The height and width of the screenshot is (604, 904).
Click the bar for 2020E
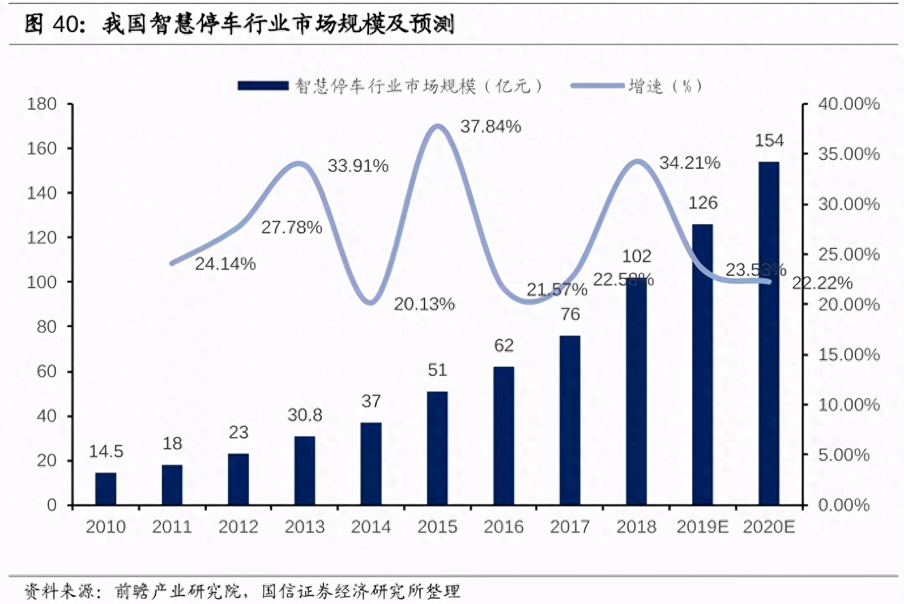click(x=769, y=333)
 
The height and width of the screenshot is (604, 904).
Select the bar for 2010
click(x=106, y=488)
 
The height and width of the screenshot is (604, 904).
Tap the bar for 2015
click(x=437, y=448)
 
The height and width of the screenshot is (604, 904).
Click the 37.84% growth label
click(x=491, y=127)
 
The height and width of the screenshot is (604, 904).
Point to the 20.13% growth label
click(x=424, y=304)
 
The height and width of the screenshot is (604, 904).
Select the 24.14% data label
click(x=225, y=264)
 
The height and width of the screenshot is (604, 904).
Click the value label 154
click(x=769, y=141)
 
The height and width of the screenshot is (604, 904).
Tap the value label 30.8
click(x=305, y=415)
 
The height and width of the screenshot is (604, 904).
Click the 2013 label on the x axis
click(x=305, y=527)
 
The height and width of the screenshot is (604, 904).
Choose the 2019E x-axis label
click(x=702, y=527)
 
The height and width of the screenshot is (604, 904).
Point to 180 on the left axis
click(x=42, y=104)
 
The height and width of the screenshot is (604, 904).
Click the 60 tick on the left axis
click(x=46, y=371)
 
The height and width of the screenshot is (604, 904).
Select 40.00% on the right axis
click(x=848, y=104)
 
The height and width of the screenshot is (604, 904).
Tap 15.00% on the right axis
click(x=848, y=354)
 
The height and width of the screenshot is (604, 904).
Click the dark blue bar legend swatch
click(x=263, y=86)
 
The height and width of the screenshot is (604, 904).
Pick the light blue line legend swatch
click(x=596, y=86)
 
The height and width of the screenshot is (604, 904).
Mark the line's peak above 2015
click(x=437, y=126)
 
